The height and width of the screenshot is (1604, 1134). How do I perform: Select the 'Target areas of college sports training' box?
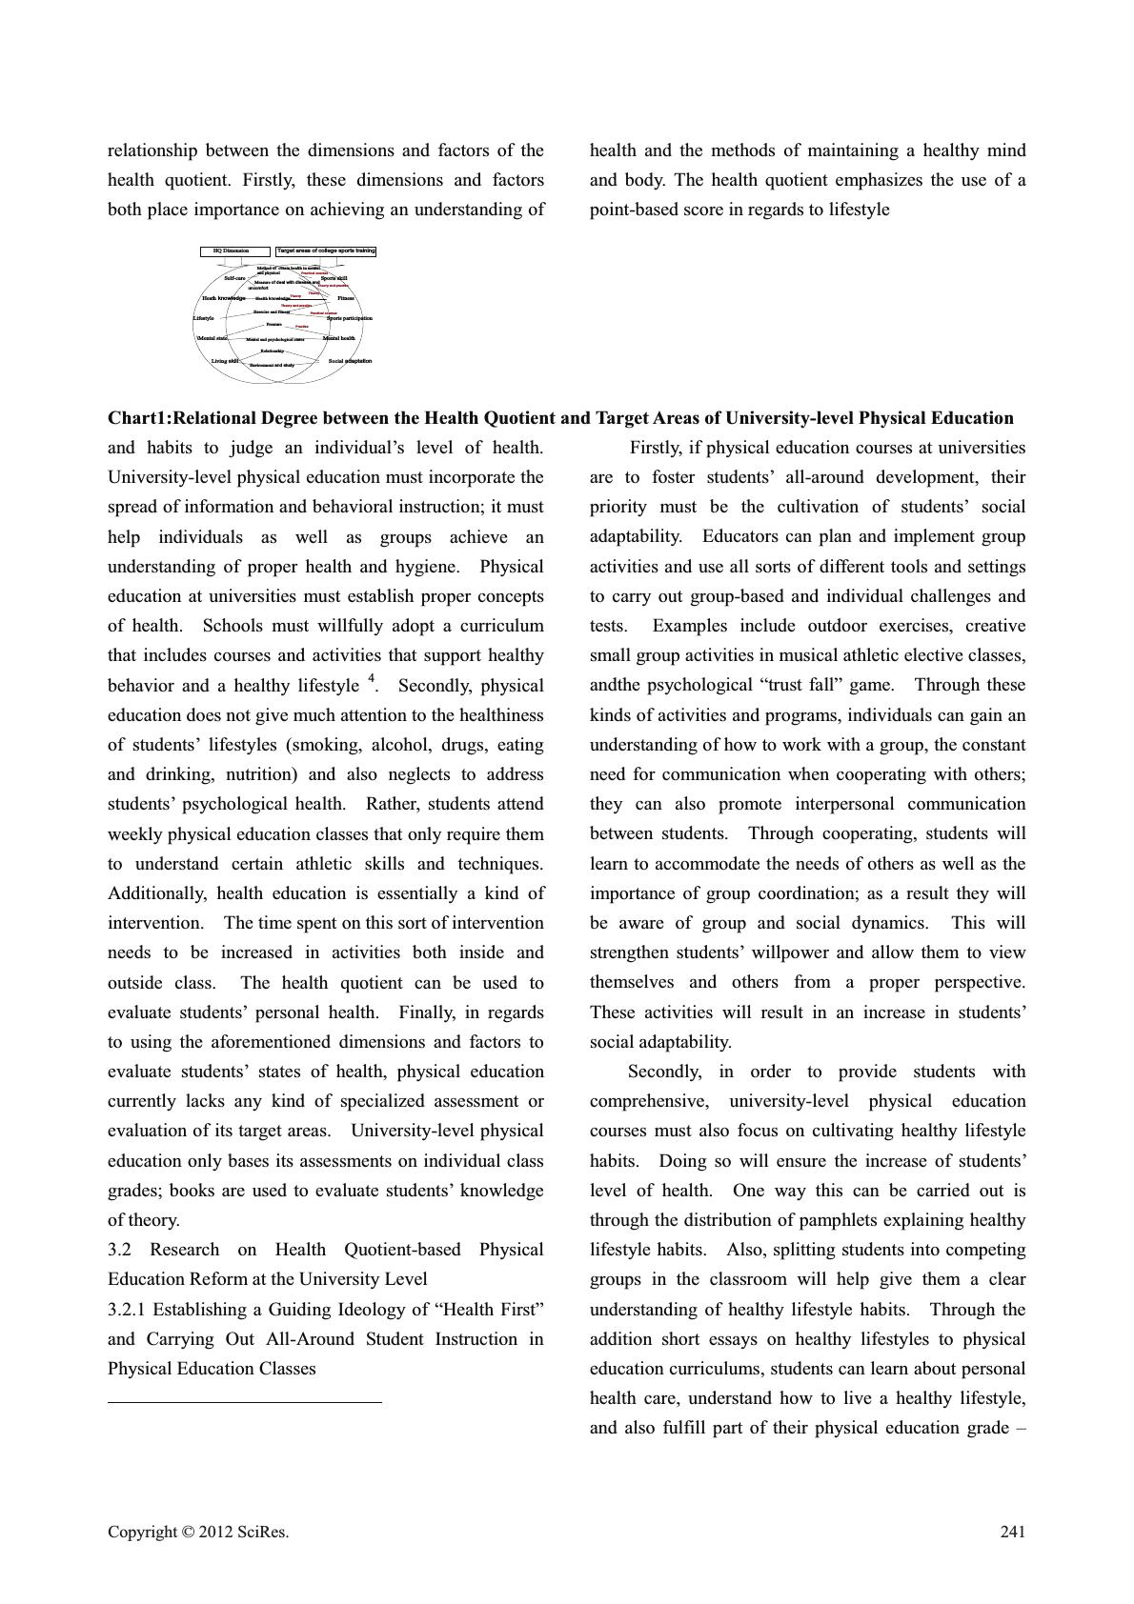pyautogui.click(x=326, y=251)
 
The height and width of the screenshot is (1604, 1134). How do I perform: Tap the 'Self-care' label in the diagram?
pyautogui.click(x=234, y=278)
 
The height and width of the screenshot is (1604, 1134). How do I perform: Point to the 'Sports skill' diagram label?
pyautogui.click(x=334, y=278)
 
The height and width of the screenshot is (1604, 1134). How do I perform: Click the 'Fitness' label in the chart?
pyautogui.click(x=345, y=298)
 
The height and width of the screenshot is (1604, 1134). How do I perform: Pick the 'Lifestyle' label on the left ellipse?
pyautogui.click(x=204, y=318)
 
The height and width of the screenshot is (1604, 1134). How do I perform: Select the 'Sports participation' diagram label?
pyautogui.click(x=349, y=318)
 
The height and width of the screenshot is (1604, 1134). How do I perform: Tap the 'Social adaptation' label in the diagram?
pyautogui.click(x=350, y=361)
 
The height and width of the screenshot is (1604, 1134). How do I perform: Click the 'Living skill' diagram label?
pyautogui.click(x=225, y=361)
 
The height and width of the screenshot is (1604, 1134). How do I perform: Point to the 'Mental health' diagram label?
pyautogui.click(x=338, y=338)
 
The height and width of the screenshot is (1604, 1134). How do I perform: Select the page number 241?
pyautogui.click(x=1013, y=1532)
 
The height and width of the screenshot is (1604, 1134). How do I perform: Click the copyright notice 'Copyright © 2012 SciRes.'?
pyautogui.click(x=198, y=1532)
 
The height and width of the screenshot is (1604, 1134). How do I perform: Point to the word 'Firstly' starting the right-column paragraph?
pyautogui.click(x=658, y=448)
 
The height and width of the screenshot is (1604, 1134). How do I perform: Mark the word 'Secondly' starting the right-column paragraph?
pyautogui.click(x=664, y=1072)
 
